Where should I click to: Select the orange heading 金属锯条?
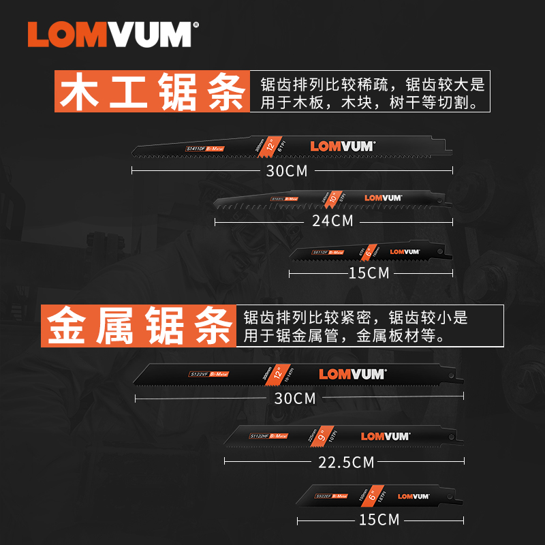coord(140,326)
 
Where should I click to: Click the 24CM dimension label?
coord(332,221)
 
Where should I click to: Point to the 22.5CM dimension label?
coord(346,462)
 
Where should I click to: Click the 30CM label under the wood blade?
coord(287,171)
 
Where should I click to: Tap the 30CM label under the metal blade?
coord(295,398)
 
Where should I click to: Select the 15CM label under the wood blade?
coord(368,273)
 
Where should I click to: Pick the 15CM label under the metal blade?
coord(378,520)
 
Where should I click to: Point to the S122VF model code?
coord(198,375)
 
